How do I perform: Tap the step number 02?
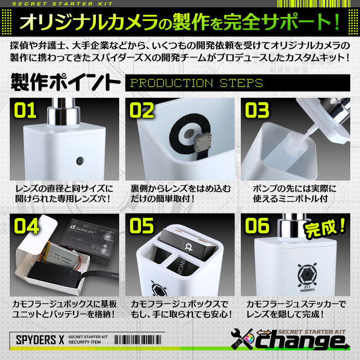coord(142,110)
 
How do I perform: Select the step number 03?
coord(257,110)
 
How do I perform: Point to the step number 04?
coord(27,225)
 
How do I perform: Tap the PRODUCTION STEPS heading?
coord(197,83)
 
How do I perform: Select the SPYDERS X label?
coord(36,340)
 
